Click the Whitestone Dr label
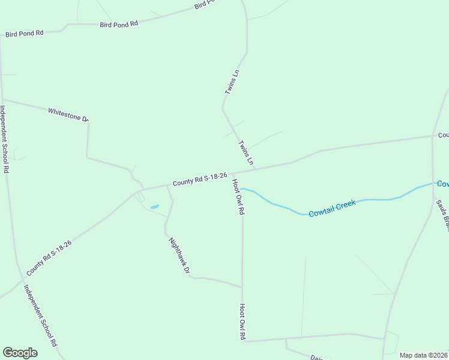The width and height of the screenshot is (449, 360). (x=68, y=114)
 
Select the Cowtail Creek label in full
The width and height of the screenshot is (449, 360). (x=332, y=209)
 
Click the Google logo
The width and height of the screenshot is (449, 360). (x=20, y=353)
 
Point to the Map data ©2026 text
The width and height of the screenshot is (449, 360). (x=423, y=355)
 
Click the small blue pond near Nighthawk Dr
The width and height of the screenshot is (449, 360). (x=154, y=207)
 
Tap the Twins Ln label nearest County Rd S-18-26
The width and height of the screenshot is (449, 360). (x=246, y=154)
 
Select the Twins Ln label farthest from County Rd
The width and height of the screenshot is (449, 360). (x=232, y=82)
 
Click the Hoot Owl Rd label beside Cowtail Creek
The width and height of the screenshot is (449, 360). (x=238, y=197)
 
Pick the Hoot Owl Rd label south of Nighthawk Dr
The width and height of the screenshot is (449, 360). (x=243, y=322)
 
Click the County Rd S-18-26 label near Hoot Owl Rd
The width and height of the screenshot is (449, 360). (x=199, y=179)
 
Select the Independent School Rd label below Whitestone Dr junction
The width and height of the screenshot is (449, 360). (x=5, y=139)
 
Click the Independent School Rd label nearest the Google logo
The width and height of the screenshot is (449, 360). (x=40, y=315)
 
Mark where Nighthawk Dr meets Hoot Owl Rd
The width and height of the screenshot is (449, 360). (x=243, y=287)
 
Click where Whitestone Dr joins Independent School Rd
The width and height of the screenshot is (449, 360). (x=2, y=100)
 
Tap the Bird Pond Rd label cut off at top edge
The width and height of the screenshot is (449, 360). (x=204, y=5)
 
